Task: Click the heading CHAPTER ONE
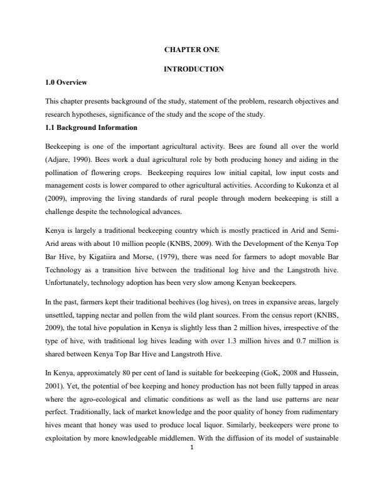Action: [x=192, y=50]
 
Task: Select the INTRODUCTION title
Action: [x=192, y=68]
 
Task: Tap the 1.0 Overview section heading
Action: [x=67, y=82]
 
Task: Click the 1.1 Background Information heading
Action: [x=92, y=128]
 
